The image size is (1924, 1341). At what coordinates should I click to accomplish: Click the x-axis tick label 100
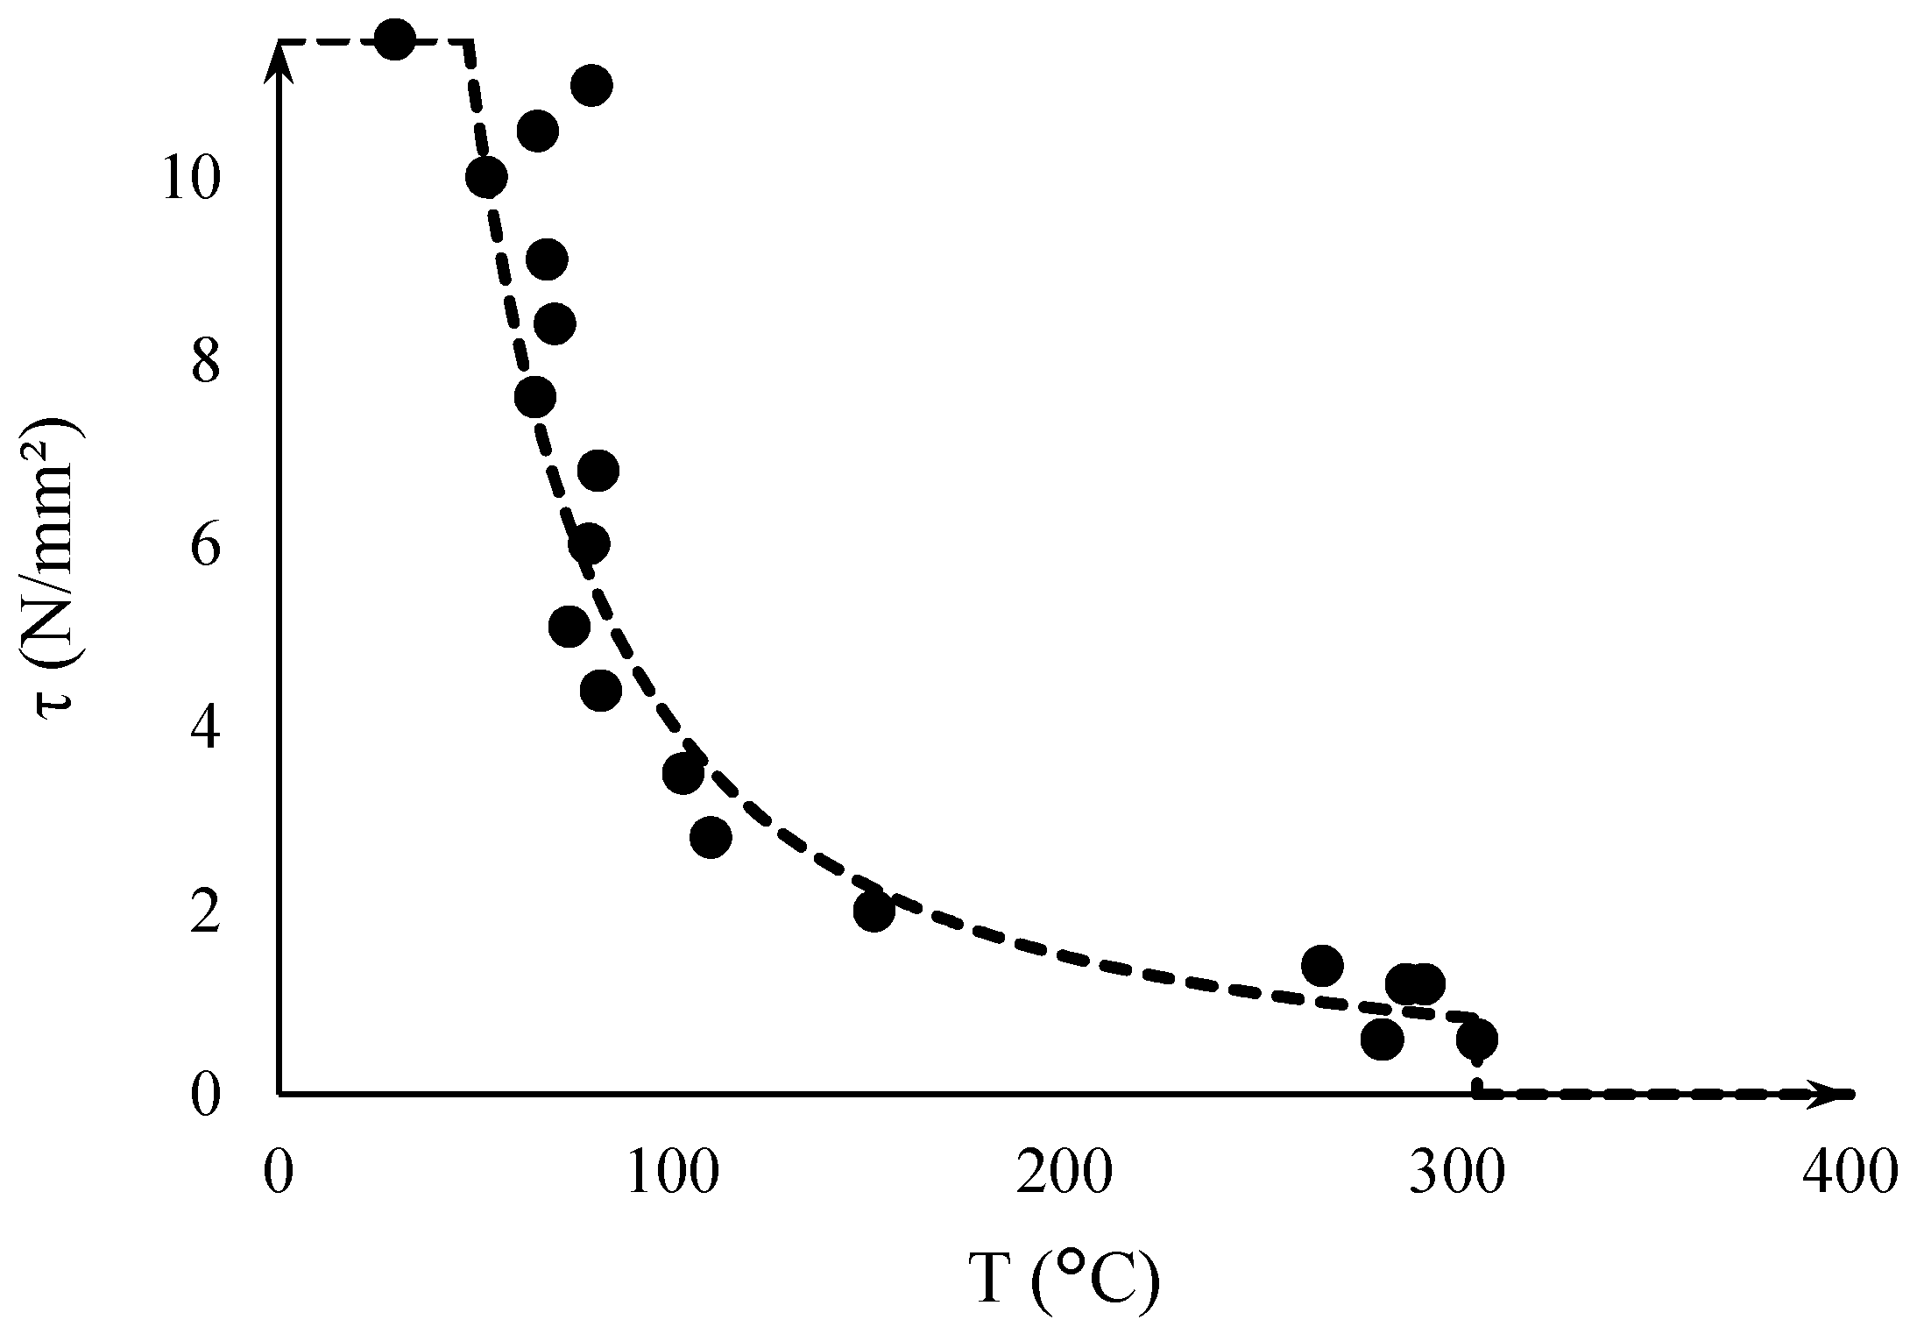[672, 1173]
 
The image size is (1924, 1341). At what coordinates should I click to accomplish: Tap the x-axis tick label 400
[1849, 1173]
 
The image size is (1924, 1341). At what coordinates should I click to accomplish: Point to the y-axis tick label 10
[188, 181]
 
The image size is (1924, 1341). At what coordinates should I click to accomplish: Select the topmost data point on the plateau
[394, 39]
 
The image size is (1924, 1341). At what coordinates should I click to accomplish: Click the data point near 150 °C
[874, 911]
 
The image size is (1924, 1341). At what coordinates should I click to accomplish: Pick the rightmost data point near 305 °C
[1477, 1039]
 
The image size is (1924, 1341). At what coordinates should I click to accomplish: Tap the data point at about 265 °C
[1322, 966]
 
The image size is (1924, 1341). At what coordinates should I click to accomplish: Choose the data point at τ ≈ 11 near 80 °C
[591, 85]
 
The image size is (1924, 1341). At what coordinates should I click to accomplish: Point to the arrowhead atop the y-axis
[278, 57]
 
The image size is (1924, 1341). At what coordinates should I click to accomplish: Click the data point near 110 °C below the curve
[711, 837]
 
